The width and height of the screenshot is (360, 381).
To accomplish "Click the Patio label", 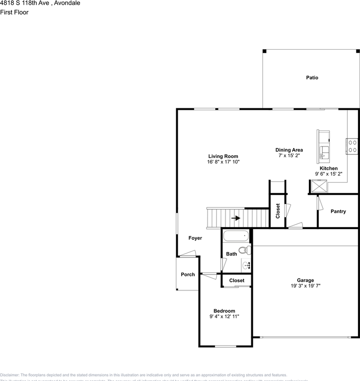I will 312,78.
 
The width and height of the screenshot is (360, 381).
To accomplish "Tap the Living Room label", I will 223,156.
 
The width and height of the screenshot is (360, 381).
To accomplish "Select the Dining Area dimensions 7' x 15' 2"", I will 289,156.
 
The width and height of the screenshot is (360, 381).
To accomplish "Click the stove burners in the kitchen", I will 352,146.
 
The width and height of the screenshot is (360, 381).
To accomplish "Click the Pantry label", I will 338,212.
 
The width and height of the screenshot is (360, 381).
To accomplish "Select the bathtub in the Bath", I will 236,236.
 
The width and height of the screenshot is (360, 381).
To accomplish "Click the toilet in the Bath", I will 246,250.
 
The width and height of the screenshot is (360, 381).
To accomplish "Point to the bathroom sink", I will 246,265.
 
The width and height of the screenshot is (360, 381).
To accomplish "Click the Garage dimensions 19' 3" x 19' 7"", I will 305,285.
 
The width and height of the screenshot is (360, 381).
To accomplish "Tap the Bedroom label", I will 224,311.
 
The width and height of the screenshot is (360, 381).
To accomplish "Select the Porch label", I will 188,274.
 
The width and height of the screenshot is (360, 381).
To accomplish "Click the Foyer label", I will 195,238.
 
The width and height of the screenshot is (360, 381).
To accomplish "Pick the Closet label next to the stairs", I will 278,211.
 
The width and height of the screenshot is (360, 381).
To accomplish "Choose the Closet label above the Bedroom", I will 237,281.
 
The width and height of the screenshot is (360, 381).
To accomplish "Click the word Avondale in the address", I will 67,3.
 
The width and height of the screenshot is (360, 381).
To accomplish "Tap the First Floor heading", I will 14,12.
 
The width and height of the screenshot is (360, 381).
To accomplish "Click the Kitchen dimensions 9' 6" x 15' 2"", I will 329,174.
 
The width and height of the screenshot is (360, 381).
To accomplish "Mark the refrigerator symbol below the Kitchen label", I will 319,186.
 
